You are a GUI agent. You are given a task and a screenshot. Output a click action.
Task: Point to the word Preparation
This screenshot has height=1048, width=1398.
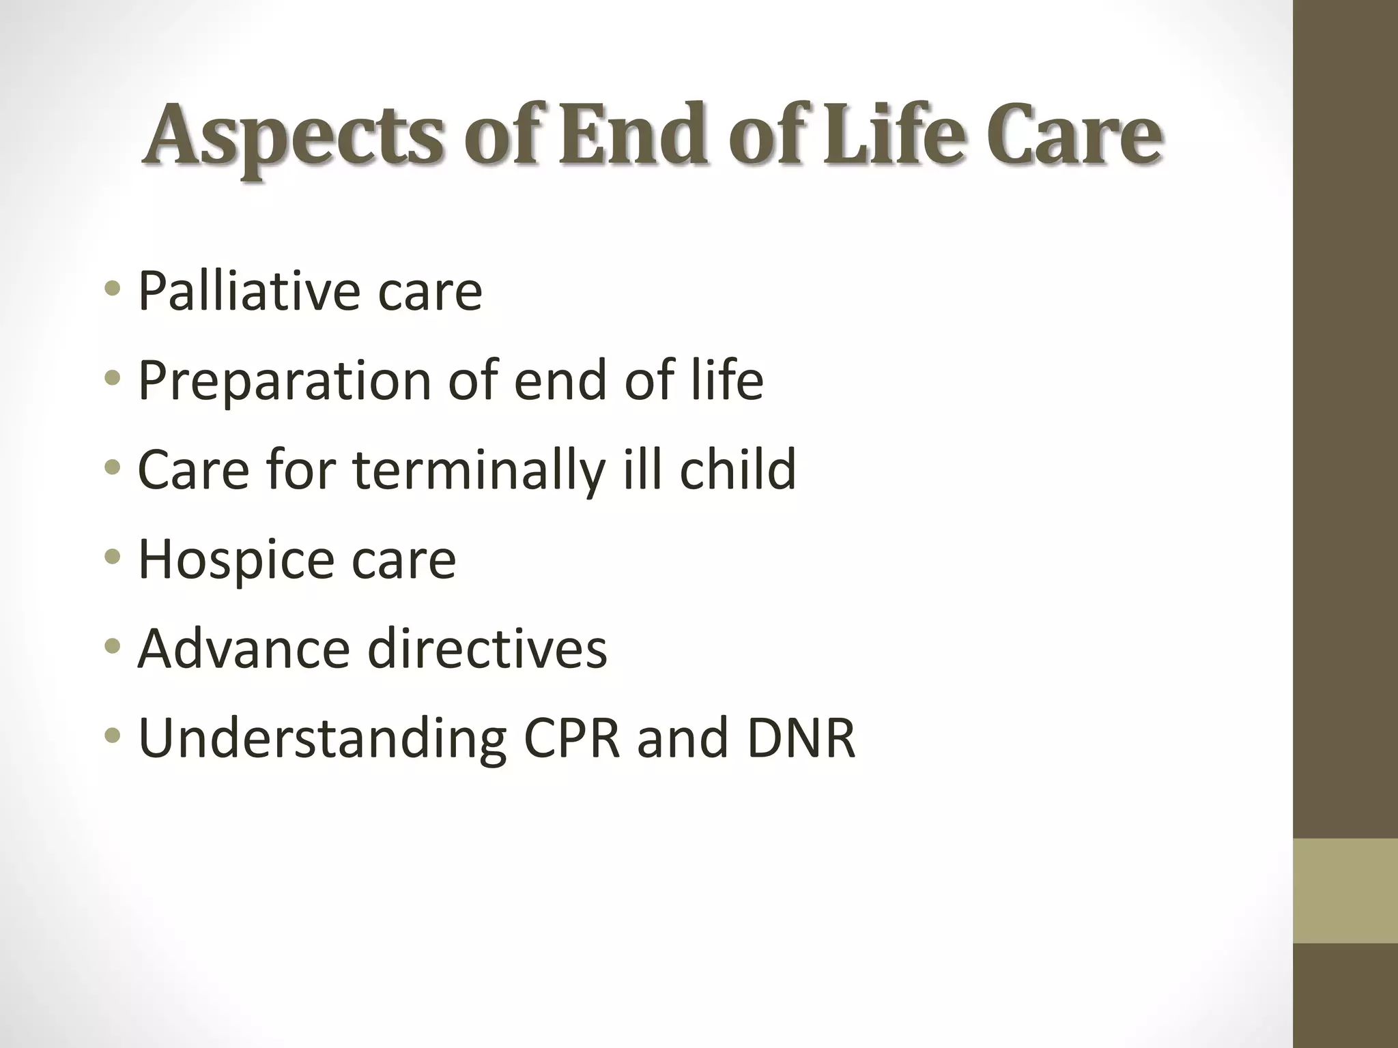pos(284,381)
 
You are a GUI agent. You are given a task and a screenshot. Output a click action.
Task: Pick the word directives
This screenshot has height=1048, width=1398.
pos(487,648)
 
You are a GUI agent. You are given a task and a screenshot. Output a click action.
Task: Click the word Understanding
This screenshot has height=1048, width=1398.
pos(322,740)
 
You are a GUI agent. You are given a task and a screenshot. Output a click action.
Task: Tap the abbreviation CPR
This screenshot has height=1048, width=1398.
pos(572,738)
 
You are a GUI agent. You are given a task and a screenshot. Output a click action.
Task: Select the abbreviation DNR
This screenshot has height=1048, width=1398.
pos(801,738)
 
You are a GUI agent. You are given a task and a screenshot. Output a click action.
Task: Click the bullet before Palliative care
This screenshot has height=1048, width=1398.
pos(113,289)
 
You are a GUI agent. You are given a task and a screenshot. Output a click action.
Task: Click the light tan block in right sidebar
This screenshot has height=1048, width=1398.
pos(1345,891)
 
